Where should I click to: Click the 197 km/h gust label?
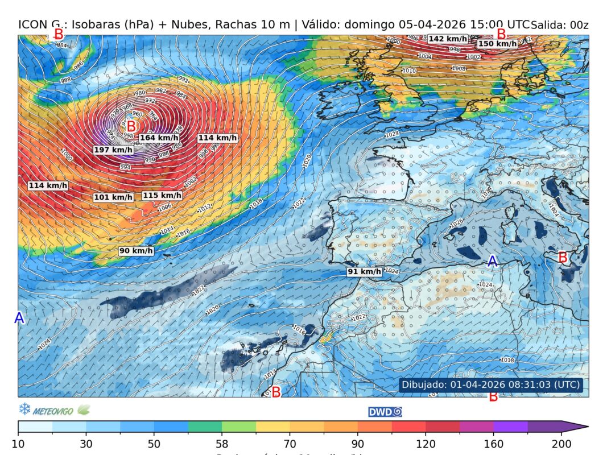click(x=113, y=150)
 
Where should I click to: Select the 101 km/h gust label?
click(x=113, y=197)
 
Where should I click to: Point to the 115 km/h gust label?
click(x=162, y=195)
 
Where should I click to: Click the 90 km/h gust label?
click(x=136, y=251)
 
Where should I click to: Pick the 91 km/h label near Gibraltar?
click(x=365, y=272)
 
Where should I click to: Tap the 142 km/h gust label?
click(x=448, y=39)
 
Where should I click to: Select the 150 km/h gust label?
click(x=497, y=44)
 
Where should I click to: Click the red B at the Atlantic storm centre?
click(x=131, y=126)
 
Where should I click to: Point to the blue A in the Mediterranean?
click(x=493, y=261)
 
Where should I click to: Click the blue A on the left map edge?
click(x=19, y=318)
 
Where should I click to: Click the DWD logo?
click(x=385, y=411)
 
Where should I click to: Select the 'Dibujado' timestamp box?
click(x=491, y=385)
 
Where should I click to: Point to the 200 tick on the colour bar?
click(x=561, y=444)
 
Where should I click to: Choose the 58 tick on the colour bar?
click(x=222, y=444)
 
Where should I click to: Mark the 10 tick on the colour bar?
click(x=19, y=444)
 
